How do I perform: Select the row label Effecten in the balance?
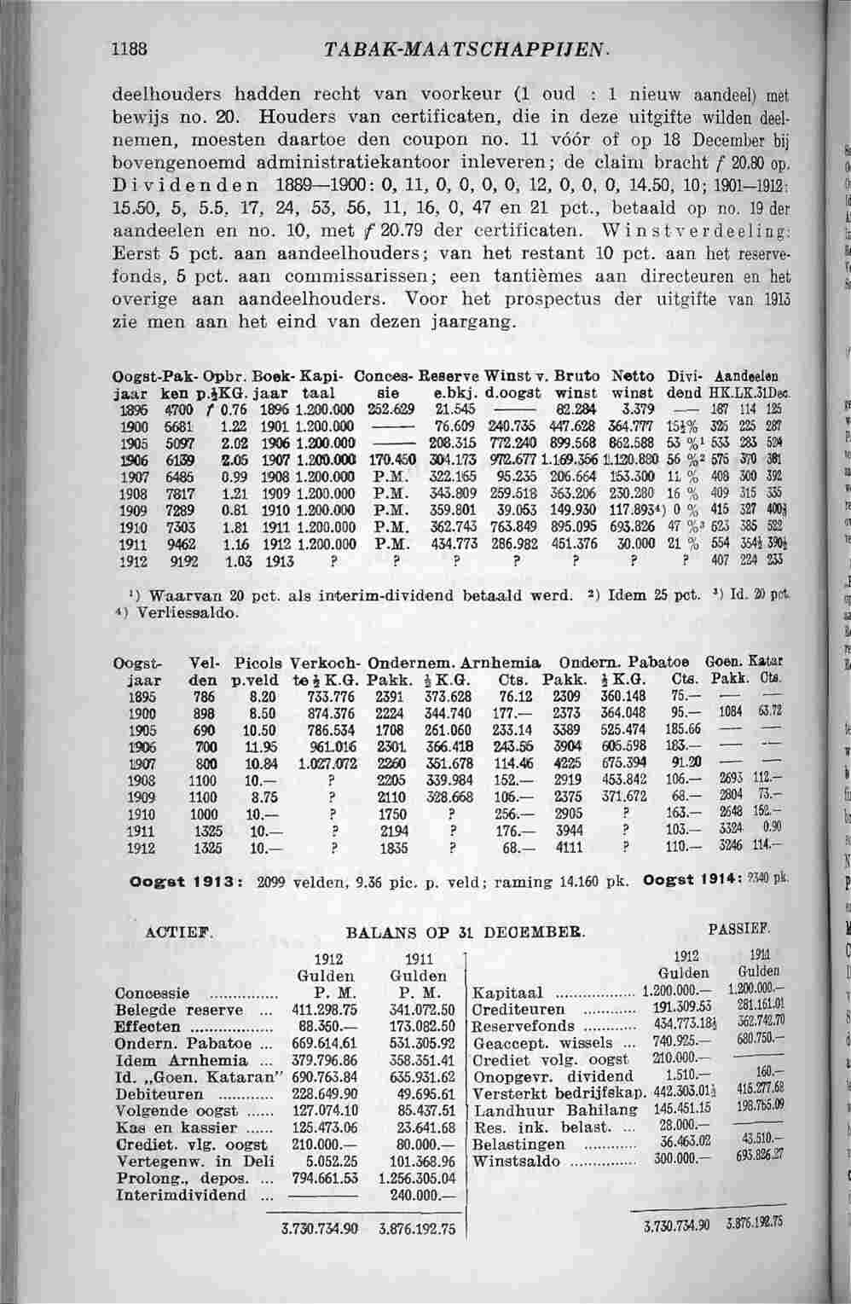[x=147, y=1027]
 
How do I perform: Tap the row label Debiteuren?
[x=159, y=1094]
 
